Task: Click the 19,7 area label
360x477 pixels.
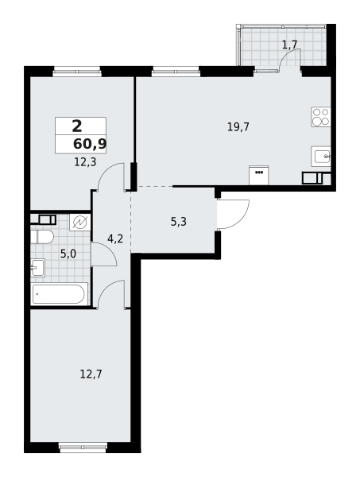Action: coord(238,126)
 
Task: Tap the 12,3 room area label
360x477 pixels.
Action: coord(85,161)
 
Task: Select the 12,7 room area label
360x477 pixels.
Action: coord(91,374)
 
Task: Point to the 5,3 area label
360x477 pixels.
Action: coord(179,222)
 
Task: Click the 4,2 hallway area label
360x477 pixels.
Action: coord(115,238)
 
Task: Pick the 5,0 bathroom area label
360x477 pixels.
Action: coord(68,254)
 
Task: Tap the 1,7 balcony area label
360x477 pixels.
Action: coord(289,45)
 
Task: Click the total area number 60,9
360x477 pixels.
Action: coord(90,144)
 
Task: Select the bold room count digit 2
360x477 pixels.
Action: coord(76,126)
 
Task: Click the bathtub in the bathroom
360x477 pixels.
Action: coord(59,294)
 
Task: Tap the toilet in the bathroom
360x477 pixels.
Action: coord(42,236)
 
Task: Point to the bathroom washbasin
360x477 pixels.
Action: coord(37,268)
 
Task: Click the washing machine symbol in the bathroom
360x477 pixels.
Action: coord(80,222)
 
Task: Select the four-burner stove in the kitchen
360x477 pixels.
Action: coord(321,117)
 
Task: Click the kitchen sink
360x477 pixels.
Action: coord(320,156)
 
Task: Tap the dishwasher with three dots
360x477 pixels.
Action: coord(258,176)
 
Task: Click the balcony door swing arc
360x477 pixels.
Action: coord(288,60)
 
